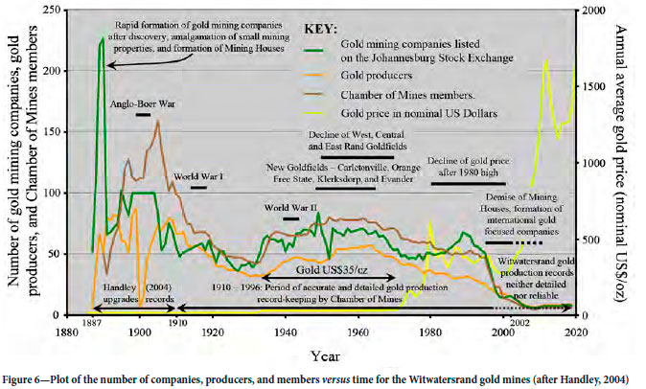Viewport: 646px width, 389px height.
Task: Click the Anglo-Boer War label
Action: tap(142, 103)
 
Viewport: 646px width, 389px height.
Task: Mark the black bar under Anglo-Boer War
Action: tap(143, 115)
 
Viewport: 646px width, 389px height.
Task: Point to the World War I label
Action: tap(199, 177)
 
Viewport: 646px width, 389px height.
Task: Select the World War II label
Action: tap(291, 207)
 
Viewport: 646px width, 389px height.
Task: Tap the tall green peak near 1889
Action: tap(102, 40)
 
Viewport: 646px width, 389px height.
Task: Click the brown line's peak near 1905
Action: tap(157, 122)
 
